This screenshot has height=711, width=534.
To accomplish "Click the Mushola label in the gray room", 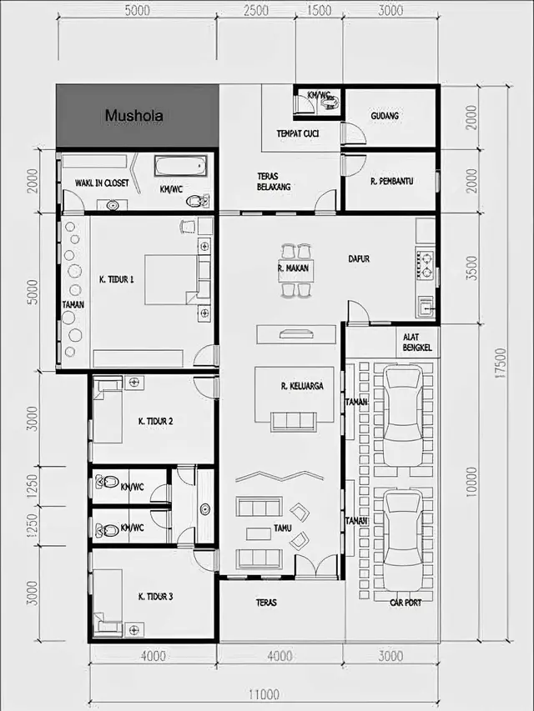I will (133, 117).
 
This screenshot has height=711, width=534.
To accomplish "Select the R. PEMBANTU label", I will (391, 180).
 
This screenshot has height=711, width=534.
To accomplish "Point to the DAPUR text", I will (360, 259).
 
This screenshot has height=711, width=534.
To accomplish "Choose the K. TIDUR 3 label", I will (155, 596).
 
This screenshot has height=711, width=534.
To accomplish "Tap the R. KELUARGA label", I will (301, 386).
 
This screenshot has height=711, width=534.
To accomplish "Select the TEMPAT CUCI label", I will (297, 133).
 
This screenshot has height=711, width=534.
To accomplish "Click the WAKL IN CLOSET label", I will (102, 183).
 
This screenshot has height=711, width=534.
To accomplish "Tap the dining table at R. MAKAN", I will (297, 269).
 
